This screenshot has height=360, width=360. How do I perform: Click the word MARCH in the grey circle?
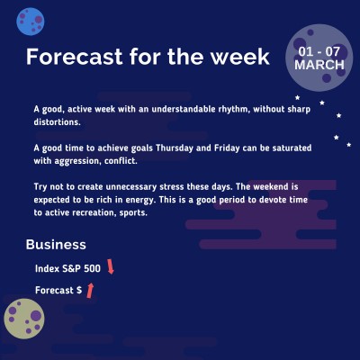[x=319, y=66]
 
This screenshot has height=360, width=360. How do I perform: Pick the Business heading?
[x=56, y=244]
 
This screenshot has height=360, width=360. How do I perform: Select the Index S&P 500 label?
[x=67, y=268]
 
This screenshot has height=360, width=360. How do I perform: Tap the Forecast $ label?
[x=58, y=291]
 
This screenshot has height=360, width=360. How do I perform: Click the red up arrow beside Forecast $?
[x=90, y=290]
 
